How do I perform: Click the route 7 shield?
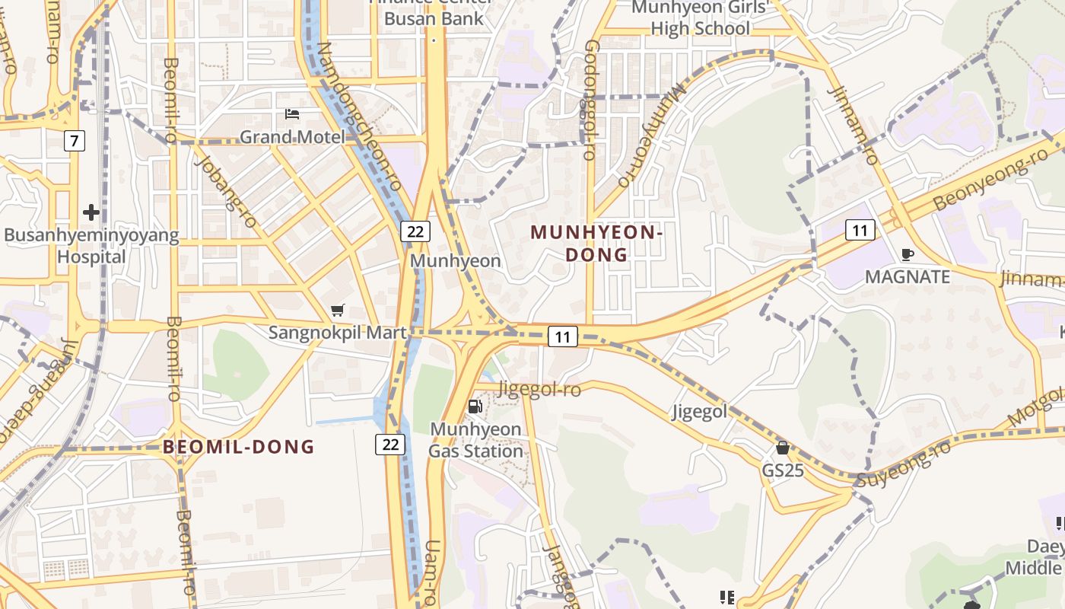pyautogui.click(x=74, y=141)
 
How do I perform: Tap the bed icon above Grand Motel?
pyautogui.click(x=292, y=115)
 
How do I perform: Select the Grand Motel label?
pyautogui.click(x=292, y=137)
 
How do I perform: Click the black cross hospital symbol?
pyautogui.click(x=91, y=212)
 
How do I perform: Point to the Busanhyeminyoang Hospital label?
pyautogui.click(x=91, y=246)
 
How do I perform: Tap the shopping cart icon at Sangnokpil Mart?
pyautogui.click(x=338, y=310)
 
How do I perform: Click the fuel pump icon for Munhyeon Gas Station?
pyautogui.click(x=475, y=407)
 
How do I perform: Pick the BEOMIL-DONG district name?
pyautogui.click(x=238, y=447)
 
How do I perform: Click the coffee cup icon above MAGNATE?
pyautogui.click(x=907, y=254)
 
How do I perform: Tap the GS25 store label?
pyautogui.click(x=783, y=470)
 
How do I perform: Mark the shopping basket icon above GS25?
pyautogui.click(x=783, y=448)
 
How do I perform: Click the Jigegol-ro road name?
pyautogui.click(x=539, y=390)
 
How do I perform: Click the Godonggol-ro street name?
pyautogui.click(x=590, y=99)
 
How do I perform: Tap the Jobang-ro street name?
pyautogui.click(x=226, y=191)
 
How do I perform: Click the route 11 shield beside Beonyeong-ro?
pyautogui.click(x=860, y=230)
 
